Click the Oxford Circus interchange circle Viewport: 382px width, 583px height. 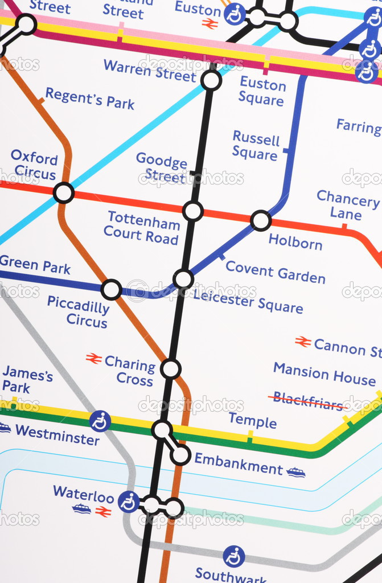64,193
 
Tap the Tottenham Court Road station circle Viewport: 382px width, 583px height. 193,211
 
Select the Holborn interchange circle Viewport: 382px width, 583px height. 261,220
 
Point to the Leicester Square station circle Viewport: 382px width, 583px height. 183,279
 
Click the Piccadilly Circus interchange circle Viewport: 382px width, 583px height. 111,290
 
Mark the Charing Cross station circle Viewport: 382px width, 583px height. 171,369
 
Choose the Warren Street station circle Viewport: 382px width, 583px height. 211,80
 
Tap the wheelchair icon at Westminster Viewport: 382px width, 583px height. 100,421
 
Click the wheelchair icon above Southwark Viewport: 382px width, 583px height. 233,556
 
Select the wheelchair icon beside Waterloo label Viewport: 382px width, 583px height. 129,502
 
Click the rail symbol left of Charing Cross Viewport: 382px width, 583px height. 94,359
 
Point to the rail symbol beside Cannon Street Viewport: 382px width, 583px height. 303,342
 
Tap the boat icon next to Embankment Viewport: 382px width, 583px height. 296,472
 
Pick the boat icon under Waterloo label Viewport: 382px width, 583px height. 81,508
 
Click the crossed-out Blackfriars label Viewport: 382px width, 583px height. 307,401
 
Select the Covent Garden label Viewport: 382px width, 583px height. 276,272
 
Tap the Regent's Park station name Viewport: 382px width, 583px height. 90,98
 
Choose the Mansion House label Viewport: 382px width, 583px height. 325,374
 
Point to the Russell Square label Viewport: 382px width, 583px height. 256,146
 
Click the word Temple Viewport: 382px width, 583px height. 252,421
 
